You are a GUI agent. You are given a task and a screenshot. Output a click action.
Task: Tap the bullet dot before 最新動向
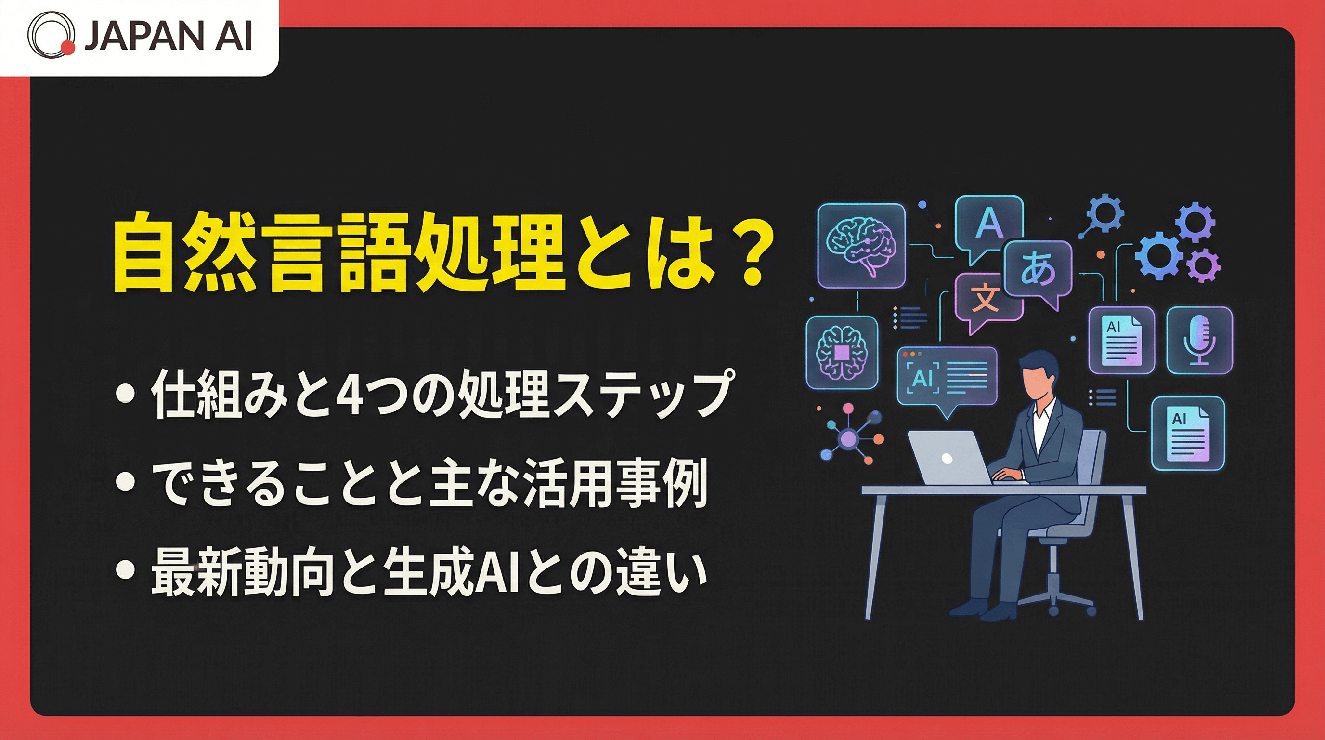(x=126, y=569)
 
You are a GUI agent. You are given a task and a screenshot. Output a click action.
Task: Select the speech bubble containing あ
(x=1038, y=271)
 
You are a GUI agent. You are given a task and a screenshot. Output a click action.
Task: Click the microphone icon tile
(x=1199, y=340)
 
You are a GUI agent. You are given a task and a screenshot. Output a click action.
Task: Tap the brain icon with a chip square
(x=842, y=352)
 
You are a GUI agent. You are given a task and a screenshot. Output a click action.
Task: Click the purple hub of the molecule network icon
(x=848, y=438)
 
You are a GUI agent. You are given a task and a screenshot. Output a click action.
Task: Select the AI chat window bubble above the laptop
(x=947, y=377)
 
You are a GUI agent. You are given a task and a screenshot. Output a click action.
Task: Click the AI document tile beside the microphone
(x=1121, y=340)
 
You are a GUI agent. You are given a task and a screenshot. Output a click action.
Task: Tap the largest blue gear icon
(x=1159, y=255)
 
